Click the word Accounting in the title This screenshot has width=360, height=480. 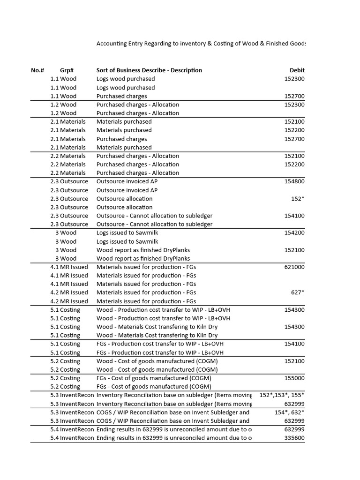[x=112, y=44]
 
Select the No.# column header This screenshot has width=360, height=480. [x=37, y=70]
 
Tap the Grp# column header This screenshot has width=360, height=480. [x=67, y=70]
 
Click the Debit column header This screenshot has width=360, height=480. [x=297, y=70]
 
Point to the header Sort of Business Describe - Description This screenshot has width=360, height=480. [x=149, y=70]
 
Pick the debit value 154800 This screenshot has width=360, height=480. [x=294, y=181]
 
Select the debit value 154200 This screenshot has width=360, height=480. [x=294, y=233]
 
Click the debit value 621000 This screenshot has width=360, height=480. [x=294, y=267]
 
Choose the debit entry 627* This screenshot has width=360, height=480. [x=297, y=292]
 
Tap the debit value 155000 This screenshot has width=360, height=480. [x=294, y=378]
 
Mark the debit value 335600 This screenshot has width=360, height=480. [x=294, y=438]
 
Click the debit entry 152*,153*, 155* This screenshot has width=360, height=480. [x=282, y=395]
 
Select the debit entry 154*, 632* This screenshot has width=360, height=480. [x=289, y=412]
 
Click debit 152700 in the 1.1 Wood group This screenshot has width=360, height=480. [x=294, y=96]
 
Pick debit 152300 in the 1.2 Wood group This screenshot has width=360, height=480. [x=294, y=105]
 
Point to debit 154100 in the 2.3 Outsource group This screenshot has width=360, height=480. [x=294, y=216]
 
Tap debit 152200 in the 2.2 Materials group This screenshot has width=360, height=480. [x=294, y=165]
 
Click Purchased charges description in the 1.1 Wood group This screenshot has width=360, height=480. [x=121, y=96]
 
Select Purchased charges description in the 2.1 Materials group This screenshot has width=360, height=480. [x=121, y=139]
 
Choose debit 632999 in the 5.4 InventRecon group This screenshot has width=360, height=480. [x=294, y=429]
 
